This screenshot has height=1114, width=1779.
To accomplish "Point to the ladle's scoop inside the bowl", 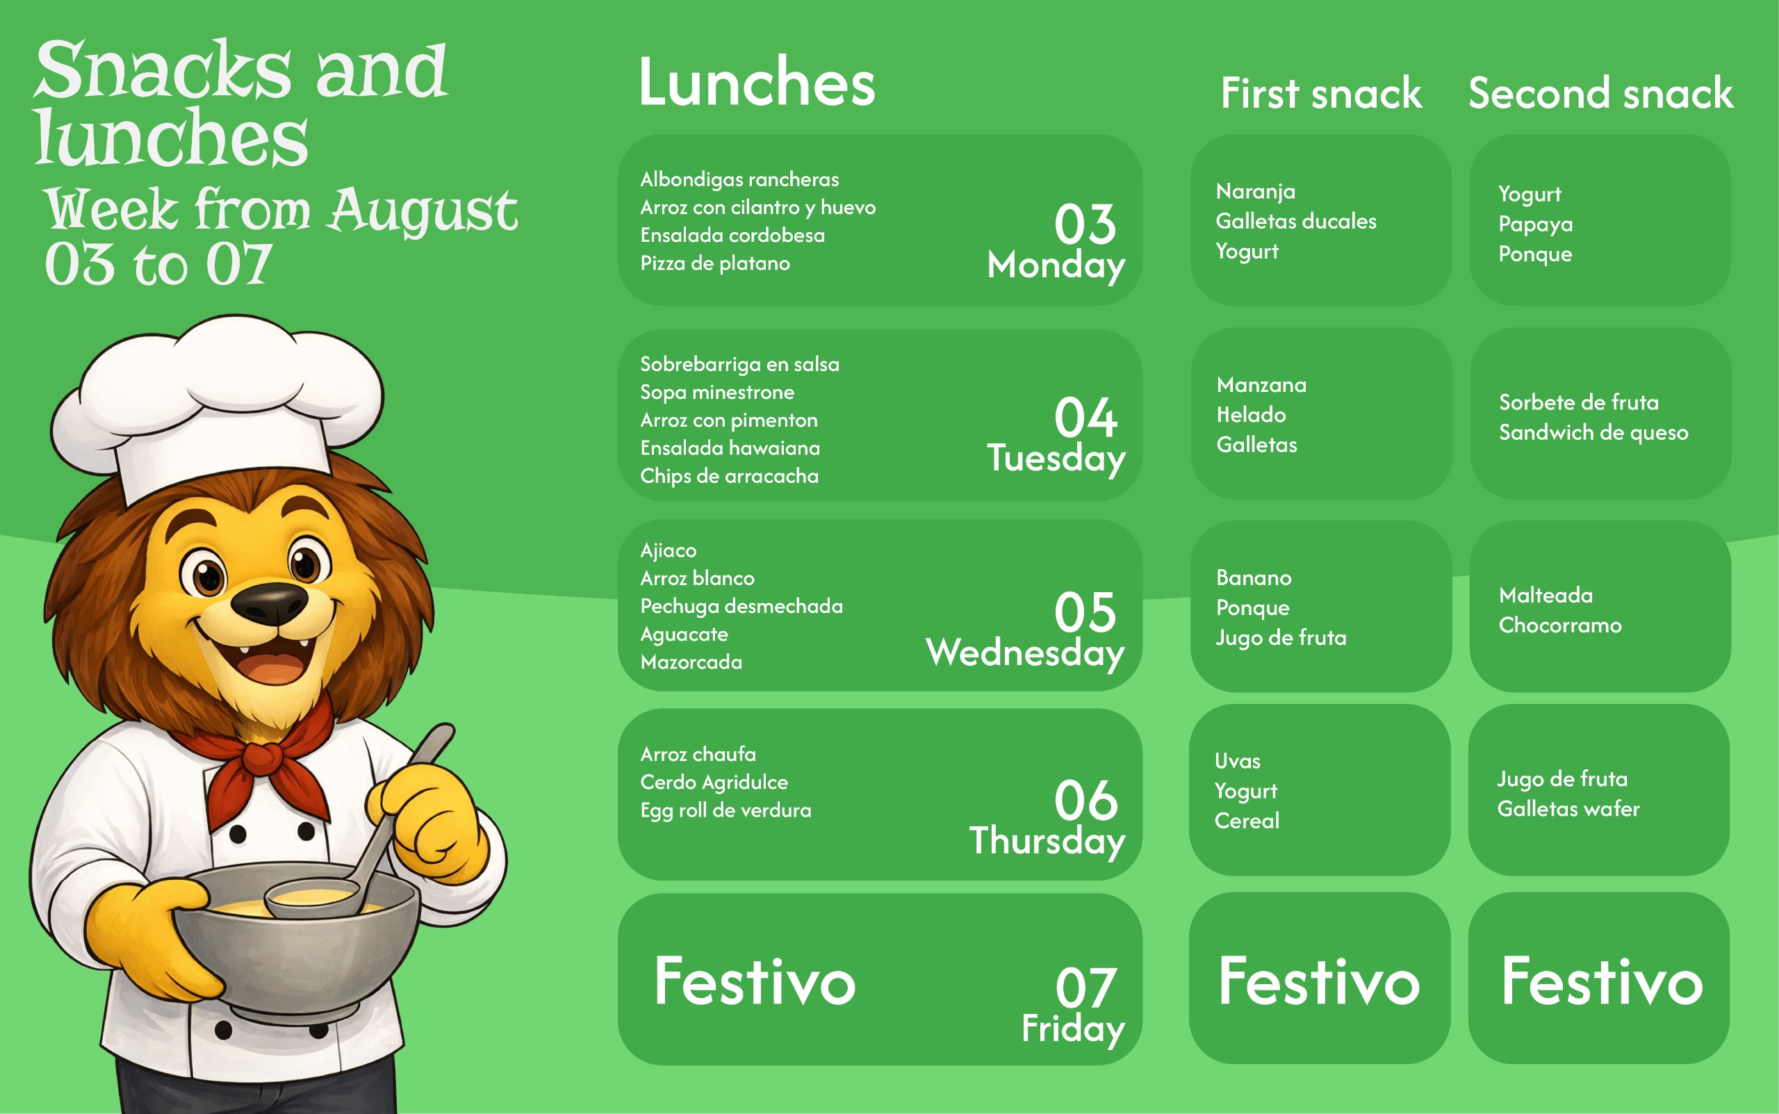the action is tap(313, 897).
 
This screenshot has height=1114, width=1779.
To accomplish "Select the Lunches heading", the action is tap(757, 83).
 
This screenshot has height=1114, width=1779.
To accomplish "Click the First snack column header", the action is tap(1321, 94).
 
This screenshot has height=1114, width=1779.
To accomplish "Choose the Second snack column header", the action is tap(1600, 94).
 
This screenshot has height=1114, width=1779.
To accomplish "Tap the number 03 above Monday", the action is tap(1085, 224).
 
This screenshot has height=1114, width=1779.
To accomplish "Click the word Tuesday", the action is tap(1056, 458).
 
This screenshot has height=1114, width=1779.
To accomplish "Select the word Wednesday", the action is tap(1025, 653).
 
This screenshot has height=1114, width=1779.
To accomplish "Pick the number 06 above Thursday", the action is tap(1086, 800).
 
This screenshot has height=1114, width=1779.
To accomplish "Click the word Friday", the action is tap(1073, 1029).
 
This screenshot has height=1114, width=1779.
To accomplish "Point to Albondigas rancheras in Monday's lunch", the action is tap(739, 179).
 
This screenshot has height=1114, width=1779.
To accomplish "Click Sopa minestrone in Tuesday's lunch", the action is tap(716, 393).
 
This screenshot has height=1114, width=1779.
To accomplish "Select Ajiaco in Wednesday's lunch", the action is tap(668, 551).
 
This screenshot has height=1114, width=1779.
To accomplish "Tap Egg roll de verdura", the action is tap(725, 810).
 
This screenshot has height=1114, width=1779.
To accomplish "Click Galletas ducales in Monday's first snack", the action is tap(1296, 221).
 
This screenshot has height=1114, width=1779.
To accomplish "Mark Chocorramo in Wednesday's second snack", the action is tap(1560, 625).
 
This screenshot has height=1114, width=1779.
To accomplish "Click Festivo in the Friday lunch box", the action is tap(755, 981).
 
